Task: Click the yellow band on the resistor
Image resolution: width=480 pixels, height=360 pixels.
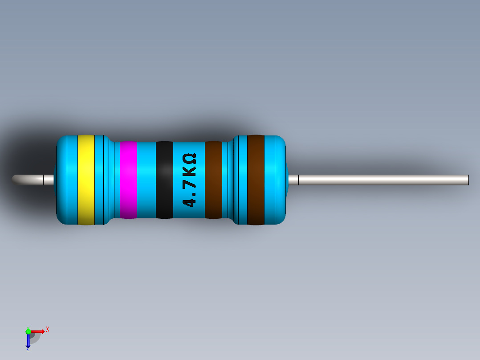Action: (86, 180)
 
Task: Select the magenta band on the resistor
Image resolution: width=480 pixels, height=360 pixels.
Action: (128, 180)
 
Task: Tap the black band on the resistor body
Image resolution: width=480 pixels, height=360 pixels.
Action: (164, 180)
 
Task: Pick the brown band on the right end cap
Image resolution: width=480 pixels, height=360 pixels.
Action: (256, 180)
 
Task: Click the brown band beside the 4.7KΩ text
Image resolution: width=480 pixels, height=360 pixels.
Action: (213, 180)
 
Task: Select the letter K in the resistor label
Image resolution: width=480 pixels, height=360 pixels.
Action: (189, 170)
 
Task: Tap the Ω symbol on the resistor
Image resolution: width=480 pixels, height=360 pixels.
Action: (189, 159)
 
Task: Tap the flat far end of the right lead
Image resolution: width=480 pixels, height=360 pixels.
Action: (468, 180)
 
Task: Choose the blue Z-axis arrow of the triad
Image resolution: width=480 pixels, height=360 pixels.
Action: (28, 341)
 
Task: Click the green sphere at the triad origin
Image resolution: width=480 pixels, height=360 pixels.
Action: (28, 331)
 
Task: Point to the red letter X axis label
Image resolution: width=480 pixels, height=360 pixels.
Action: (47, 329)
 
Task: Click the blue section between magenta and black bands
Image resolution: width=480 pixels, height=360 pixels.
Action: (146, 180)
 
